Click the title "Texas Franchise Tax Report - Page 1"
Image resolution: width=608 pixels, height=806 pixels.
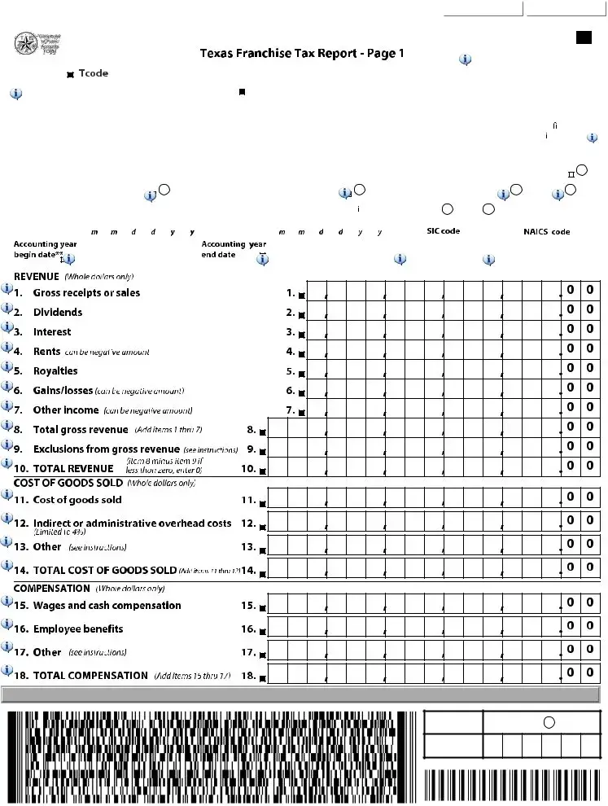point(302,54)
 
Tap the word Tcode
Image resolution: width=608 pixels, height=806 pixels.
point(93,73)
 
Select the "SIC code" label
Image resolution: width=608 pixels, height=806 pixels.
point(443,231)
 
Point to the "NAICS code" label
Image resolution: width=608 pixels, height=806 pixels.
point(546,232)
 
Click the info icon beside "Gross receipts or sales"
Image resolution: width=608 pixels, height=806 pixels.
point(7,289)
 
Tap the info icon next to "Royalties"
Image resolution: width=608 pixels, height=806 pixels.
point(7,367)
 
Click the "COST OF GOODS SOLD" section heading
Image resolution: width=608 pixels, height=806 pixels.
point(68,483)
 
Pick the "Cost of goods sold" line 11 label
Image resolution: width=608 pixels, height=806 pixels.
point(77,500)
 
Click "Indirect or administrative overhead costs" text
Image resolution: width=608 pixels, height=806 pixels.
point(132,523)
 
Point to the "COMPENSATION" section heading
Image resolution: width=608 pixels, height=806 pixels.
point(52,588)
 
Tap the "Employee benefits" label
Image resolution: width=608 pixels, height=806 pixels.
point(78,629)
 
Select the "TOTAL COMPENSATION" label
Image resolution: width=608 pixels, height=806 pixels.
point(90,676)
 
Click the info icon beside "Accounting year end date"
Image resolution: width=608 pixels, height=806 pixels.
point(262,261)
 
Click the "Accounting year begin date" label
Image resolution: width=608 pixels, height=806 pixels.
point(45,249)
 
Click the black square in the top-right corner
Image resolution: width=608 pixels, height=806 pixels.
point(584,37)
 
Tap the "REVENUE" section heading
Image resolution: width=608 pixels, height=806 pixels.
point(37,277)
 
